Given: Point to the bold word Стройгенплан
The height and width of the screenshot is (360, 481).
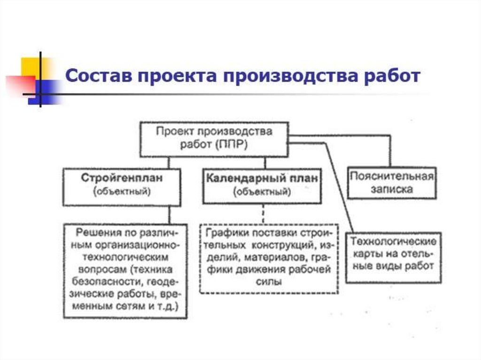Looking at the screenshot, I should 122,178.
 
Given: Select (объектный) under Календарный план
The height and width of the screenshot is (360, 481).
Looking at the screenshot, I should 262,191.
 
